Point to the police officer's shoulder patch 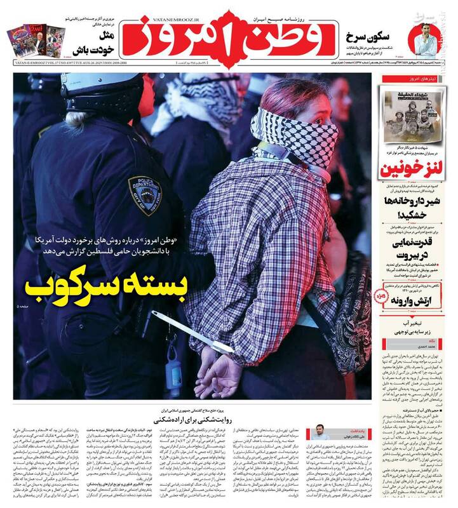(x=145, y=195)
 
